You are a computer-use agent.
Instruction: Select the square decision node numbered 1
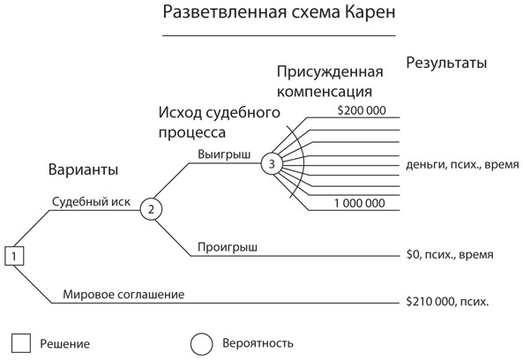click(17, 256)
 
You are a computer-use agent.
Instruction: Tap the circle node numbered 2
click(151, 209)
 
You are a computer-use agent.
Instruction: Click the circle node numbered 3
click(273, 163)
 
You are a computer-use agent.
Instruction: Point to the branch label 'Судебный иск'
click(91, 201)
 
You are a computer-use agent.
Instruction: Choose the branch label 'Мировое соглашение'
click(123, 294)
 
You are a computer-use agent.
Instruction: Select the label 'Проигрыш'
click(227, 247)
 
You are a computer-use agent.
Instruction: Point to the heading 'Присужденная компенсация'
click(330, 80)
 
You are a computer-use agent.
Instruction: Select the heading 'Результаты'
click(446, 64)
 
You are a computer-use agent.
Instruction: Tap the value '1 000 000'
click(359, 203)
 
